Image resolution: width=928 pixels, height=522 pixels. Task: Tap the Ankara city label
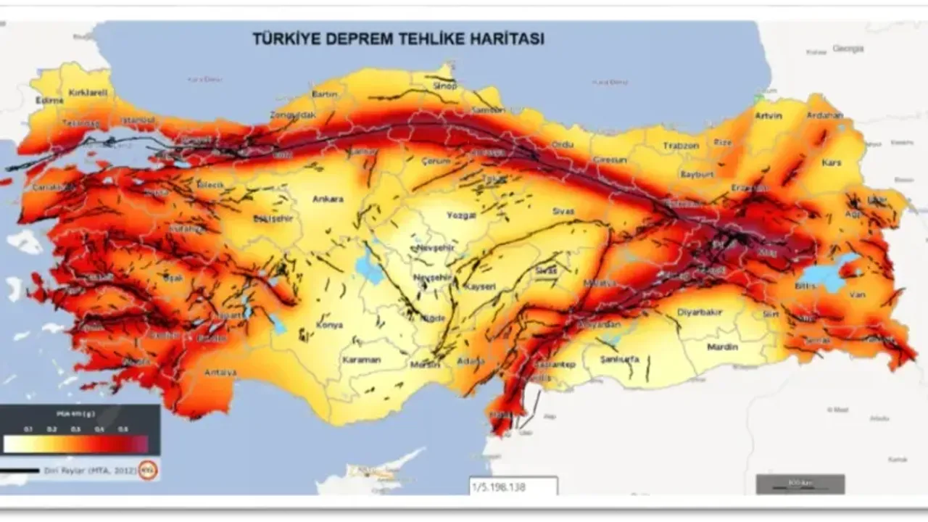coord(328,199)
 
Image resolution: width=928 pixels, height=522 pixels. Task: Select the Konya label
coord(329,325)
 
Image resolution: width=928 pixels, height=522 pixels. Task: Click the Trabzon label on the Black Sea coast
coord(680,146)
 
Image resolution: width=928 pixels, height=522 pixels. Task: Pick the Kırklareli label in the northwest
coord(88,93)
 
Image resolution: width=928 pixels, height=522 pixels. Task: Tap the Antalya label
coord(220,372)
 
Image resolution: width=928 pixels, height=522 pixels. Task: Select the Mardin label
coord(722,347)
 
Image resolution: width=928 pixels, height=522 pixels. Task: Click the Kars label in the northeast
coord(832,163)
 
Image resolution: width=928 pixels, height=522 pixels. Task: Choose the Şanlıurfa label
coord(620,359)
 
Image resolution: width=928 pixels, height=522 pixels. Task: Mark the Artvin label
coord(768,115)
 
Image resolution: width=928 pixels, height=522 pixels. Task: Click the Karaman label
coord(361,360)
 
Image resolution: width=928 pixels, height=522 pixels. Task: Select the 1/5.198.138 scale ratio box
coord(513,487)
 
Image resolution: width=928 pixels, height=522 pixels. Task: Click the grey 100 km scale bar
coord(800,484)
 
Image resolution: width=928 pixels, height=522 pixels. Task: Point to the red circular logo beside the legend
coord(148,470)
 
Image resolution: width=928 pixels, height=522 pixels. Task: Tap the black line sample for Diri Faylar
coord(20,471)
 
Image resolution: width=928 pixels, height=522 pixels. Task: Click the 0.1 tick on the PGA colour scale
coord(29,429)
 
